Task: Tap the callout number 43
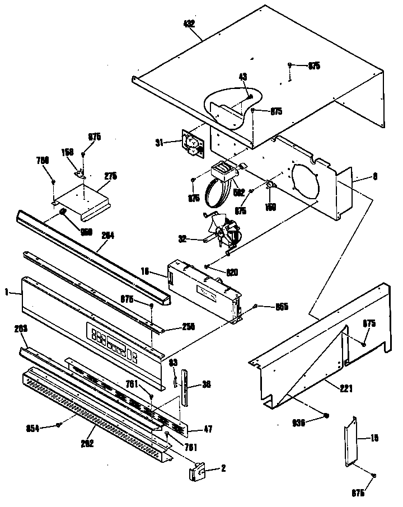(243, 77)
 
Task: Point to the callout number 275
(111, 176)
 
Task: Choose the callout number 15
(375, 438)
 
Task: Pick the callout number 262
(87, 443)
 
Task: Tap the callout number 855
(281, 307)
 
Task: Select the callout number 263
(21, 328)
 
